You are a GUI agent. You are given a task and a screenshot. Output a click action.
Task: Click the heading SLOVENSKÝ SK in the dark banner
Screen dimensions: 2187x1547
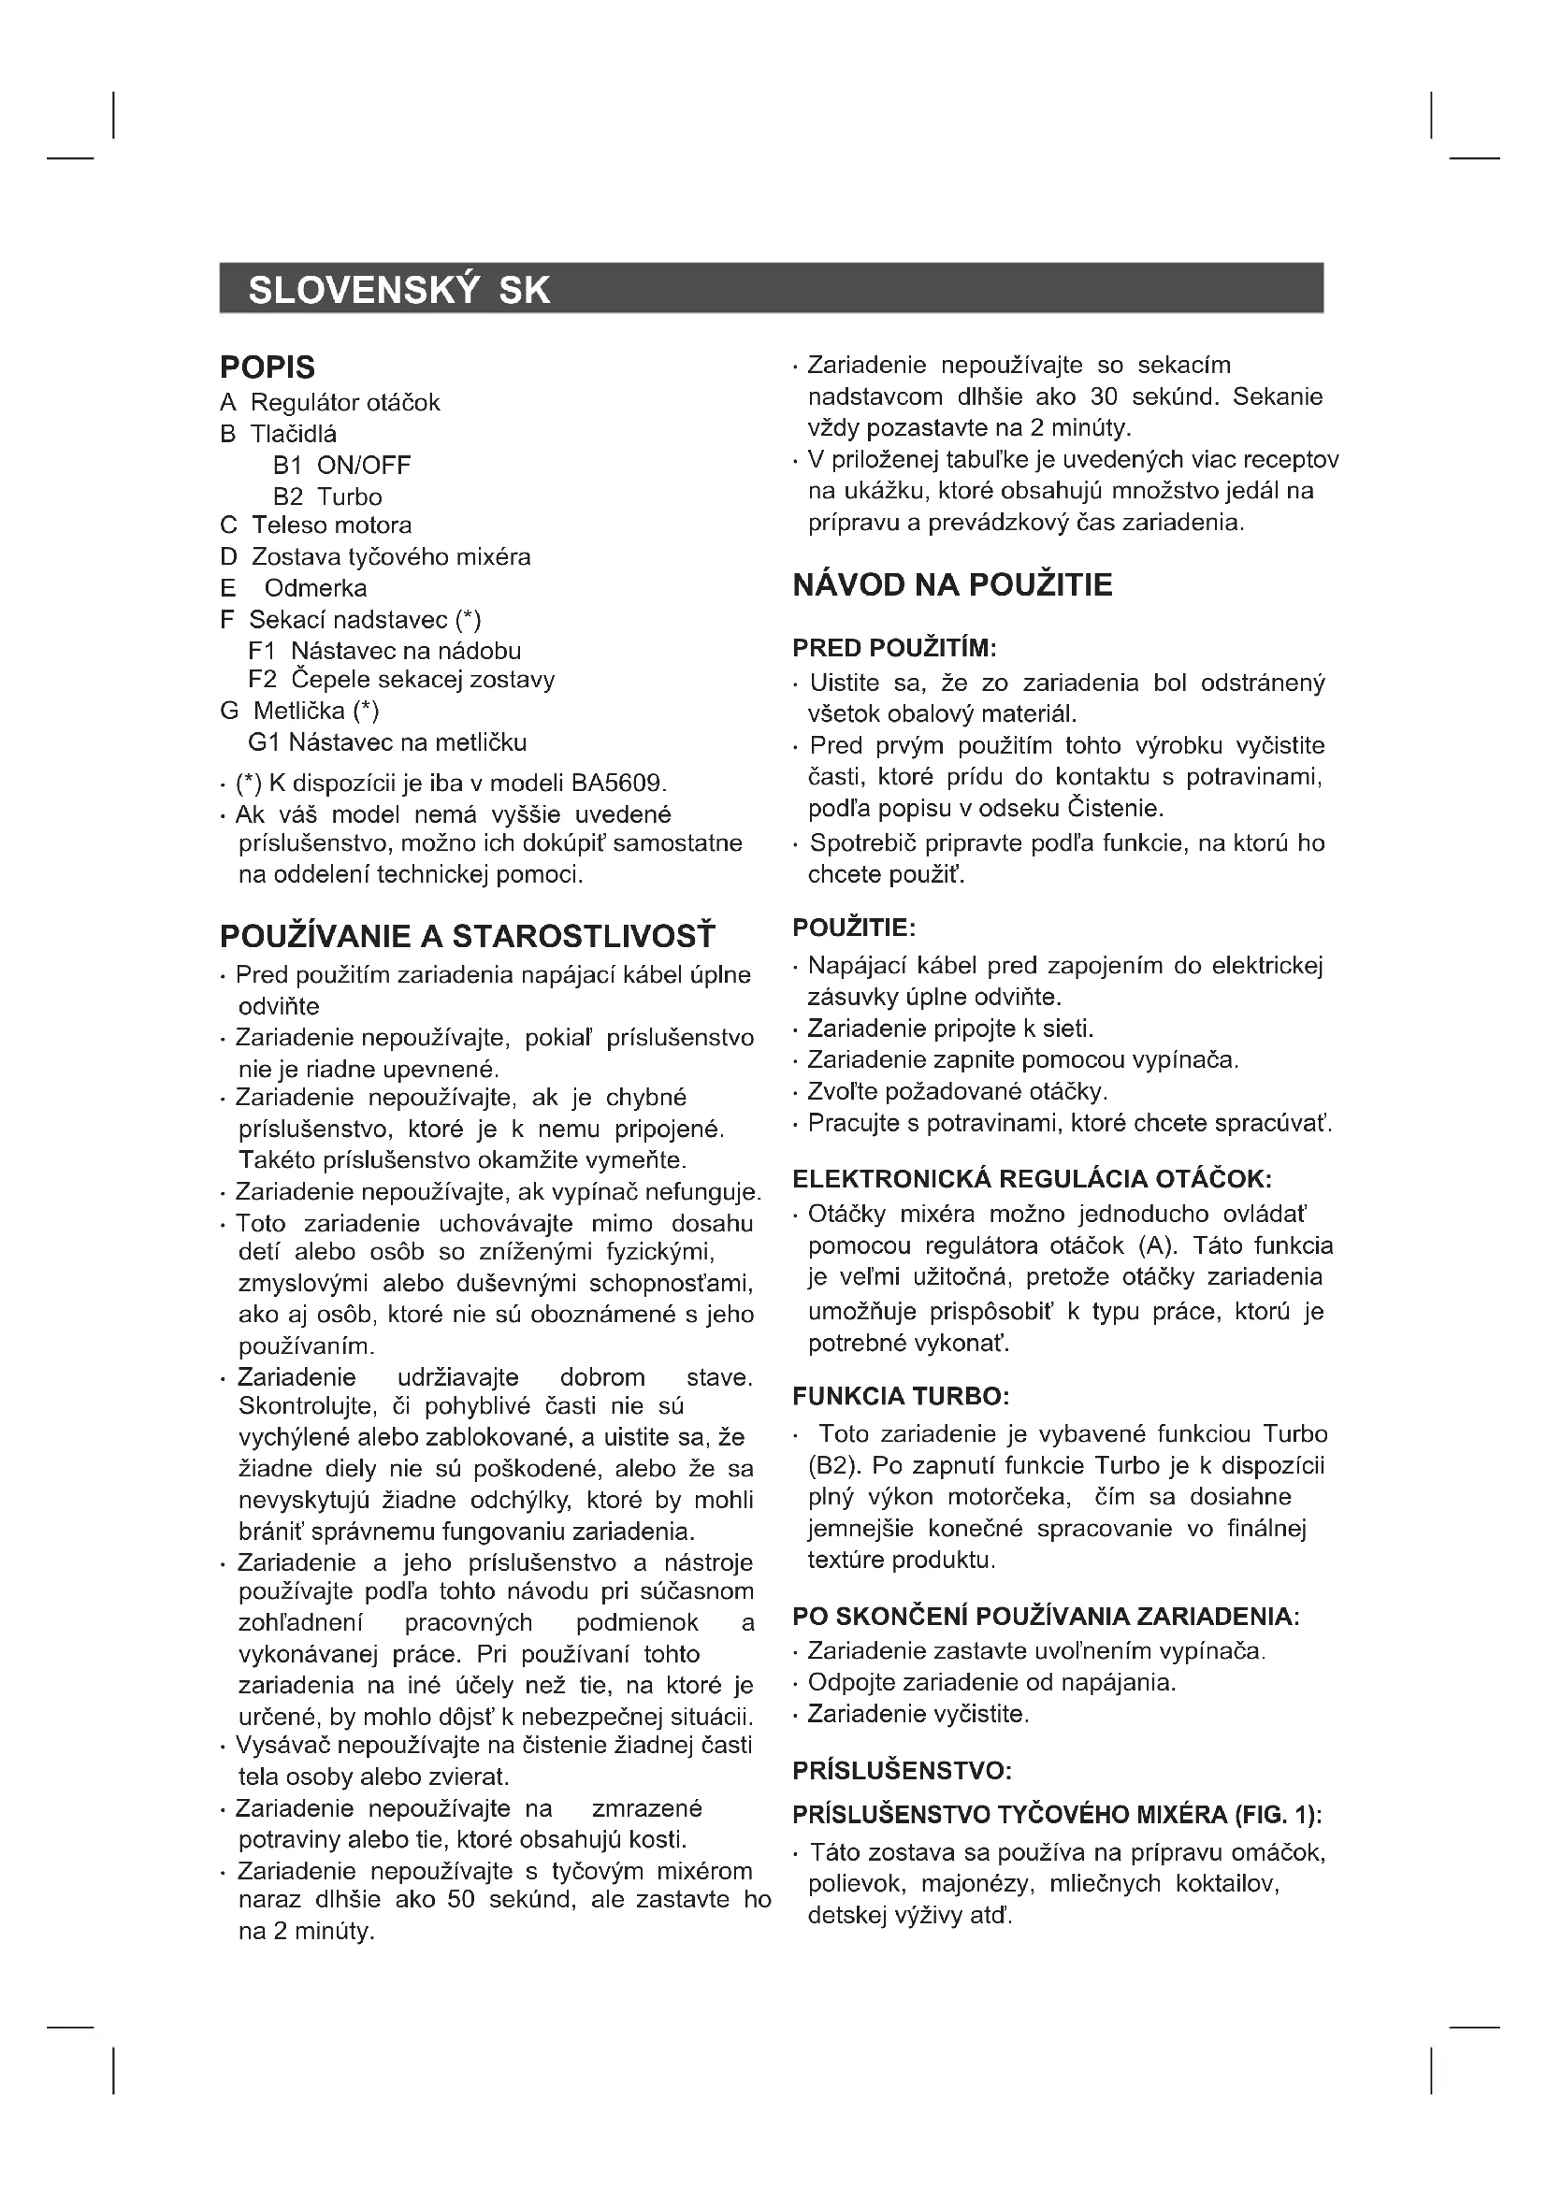(399, 290)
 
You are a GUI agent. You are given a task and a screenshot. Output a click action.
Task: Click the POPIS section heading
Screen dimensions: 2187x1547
(267, 367)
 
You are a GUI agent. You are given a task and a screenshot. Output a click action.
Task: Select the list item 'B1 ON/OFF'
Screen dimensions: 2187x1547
(341, 466)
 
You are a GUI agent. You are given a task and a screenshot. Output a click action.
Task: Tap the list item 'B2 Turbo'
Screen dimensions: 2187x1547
(326, 497)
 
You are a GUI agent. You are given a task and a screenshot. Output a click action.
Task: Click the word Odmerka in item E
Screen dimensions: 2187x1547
(315, 589)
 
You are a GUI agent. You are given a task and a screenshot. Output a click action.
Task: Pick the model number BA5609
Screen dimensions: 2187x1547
(616, 784)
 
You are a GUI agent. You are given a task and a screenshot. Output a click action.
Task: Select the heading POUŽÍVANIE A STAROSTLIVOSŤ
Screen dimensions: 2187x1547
(467, 936)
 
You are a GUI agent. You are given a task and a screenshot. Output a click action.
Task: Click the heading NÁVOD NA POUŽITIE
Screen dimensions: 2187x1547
(951, 584)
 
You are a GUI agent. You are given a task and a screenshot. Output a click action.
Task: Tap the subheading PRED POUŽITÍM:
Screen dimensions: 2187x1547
(893, 649)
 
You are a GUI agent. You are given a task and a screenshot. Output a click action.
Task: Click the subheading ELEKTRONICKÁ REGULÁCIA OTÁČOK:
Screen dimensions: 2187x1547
(1032, 1179)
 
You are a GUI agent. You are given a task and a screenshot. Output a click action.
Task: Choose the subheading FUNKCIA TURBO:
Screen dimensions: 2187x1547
(900, 1396)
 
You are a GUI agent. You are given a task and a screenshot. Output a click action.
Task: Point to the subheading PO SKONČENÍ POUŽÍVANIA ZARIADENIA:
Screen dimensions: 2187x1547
(1045, 1617)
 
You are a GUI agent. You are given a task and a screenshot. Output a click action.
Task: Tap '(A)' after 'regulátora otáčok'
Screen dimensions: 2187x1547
(1159, 1245)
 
